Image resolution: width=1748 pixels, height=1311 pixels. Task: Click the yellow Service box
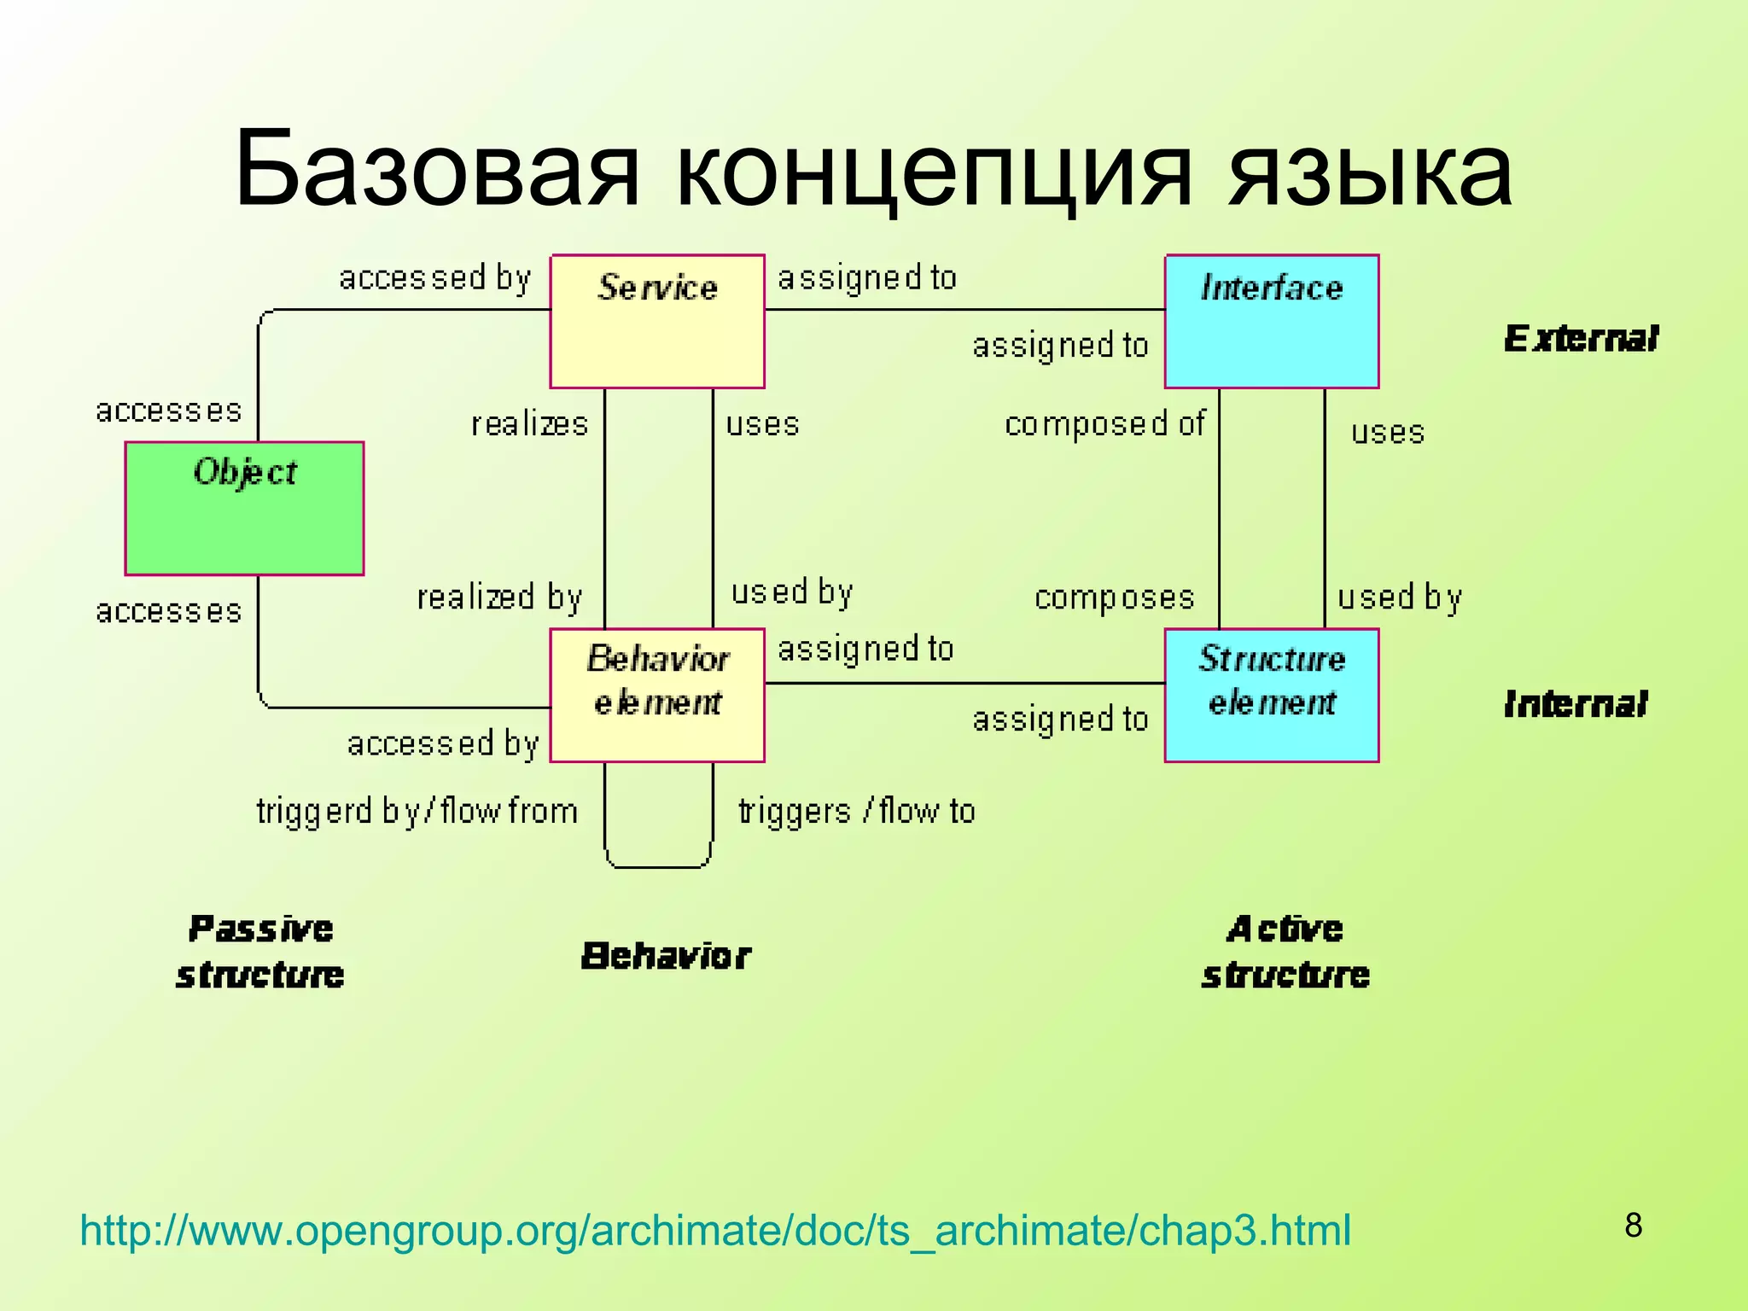657,322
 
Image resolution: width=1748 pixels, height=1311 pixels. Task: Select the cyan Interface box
1272,322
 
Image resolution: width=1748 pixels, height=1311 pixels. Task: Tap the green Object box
245,509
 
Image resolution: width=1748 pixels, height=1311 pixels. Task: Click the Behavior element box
657,696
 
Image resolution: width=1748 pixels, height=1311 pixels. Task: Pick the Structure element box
1272,696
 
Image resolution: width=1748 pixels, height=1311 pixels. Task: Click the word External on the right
1581,339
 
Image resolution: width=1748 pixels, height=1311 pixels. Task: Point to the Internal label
1576,705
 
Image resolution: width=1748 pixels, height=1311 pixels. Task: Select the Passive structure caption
260,952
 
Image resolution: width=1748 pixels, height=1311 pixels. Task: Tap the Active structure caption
1285,952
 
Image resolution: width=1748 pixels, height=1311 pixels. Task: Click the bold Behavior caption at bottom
666,957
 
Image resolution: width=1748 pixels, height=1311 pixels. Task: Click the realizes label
529,424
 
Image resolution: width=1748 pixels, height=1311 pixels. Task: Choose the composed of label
1104,424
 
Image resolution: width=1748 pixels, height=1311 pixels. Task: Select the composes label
1114,597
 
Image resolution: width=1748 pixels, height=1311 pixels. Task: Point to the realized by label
499,597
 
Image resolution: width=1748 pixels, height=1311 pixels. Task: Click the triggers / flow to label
856,811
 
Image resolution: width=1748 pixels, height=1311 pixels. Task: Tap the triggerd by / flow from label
417,811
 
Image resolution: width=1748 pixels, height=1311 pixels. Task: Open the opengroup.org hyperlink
715,1231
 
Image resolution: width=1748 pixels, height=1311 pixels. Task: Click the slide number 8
1633,1226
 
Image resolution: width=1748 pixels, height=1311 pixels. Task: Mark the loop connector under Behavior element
658,865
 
